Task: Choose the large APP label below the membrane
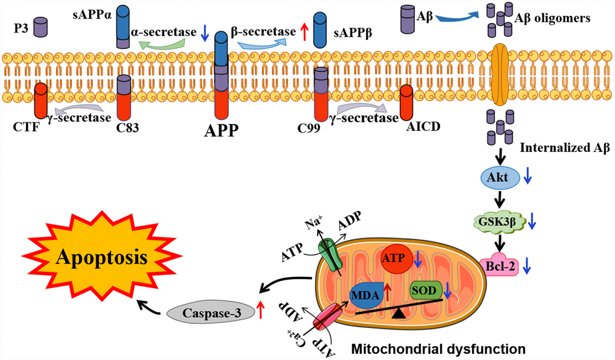[x=221, y=129]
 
